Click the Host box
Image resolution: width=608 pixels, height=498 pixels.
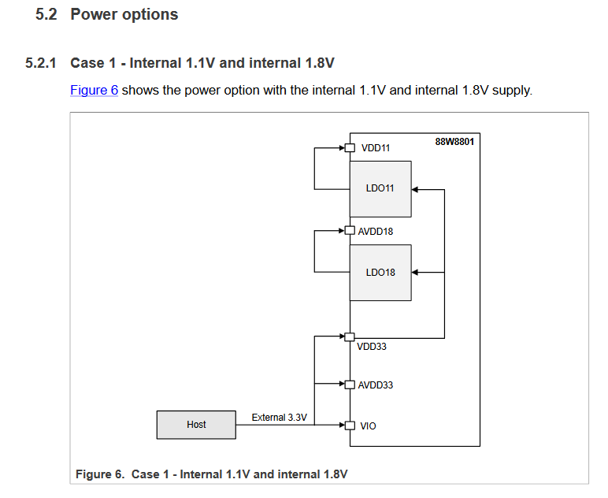pos(196,425)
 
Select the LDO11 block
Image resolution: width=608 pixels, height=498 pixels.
pos(380,189)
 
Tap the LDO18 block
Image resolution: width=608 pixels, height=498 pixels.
pos(380,273)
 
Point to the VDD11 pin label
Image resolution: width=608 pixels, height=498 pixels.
pos(376,148)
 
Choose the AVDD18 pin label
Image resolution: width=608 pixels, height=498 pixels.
pos(376,232)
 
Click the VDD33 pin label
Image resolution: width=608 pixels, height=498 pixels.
pos(372,347)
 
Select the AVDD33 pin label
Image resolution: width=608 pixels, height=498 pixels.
pos(376,385)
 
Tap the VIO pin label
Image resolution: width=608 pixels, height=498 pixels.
pos(368,426)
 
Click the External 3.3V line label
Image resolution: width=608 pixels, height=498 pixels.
pos(279,417)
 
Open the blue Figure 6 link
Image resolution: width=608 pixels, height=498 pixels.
pos(94,90)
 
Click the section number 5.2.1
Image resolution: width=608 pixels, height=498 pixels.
pos(40,63)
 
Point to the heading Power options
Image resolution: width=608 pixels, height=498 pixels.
pos(124,14)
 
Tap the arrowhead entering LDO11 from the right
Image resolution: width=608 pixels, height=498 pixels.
pos(416,189)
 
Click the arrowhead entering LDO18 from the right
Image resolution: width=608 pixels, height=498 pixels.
pos(416,273)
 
